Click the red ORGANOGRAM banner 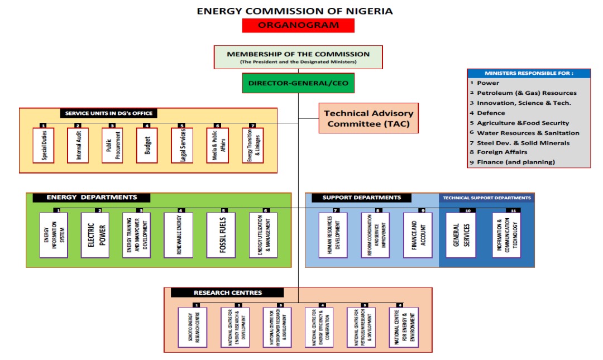point(298,25)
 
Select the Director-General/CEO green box point(298,83)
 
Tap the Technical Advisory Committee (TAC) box point(368,118)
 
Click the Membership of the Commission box point(298,57)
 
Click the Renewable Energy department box point(178,235)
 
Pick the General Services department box point(461,235)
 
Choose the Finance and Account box point(418,235)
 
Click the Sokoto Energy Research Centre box point(193,327)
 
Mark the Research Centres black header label point(227,292)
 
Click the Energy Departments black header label point(92,198)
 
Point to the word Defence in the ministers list point(491,113)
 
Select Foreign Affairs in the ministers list point(502,152)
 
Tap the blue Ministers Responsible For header point(528,73)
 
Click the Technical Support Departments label point(486,198)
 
